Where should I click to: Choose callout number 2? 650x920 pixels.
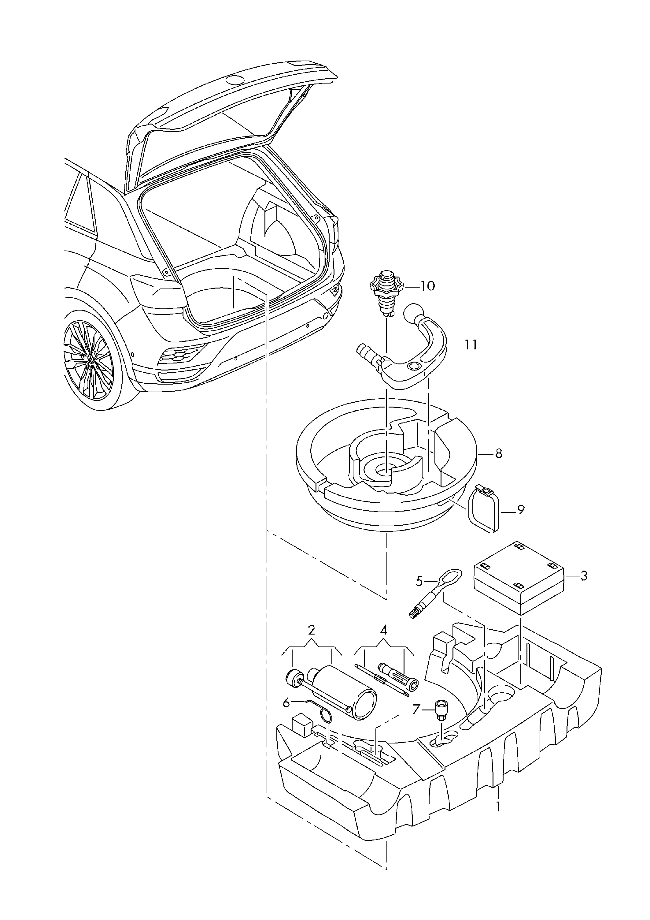coord(312,630)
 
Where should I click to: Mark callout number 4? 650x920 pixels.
coord(383,630)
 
